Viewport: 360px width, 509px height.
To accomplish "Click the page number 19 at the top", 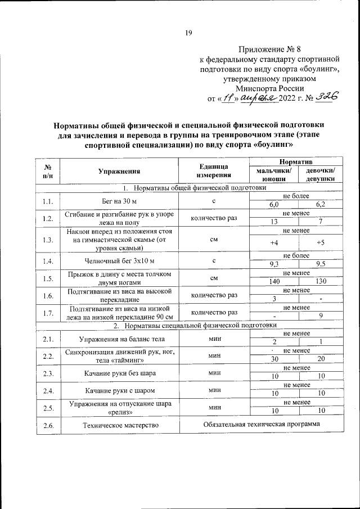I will pos(188,33).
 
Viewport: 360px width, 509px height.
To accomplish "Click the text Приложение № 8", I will pos(269,50).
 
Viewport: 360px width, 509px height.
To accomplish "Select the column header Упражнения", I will pos(119,172).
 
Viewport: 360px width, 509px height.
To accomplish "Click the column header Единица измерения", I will pos(213,172).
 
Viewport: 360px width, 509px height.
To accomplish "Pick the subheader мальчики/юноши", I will pos(273,175).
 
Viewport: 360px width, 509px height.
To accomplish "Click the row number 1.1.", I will pos(48,200).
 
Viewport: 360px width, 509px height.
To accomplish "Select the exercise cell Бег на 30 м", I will pos(119,200).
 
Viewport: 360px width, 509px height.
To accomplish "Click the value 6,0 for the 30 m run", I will pos(274,204).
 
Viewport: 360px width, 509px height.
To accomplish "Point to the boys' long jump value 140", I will pos(274,281).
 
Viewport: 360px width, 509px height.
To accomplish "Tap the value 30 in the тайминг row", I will pos(274,359).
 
